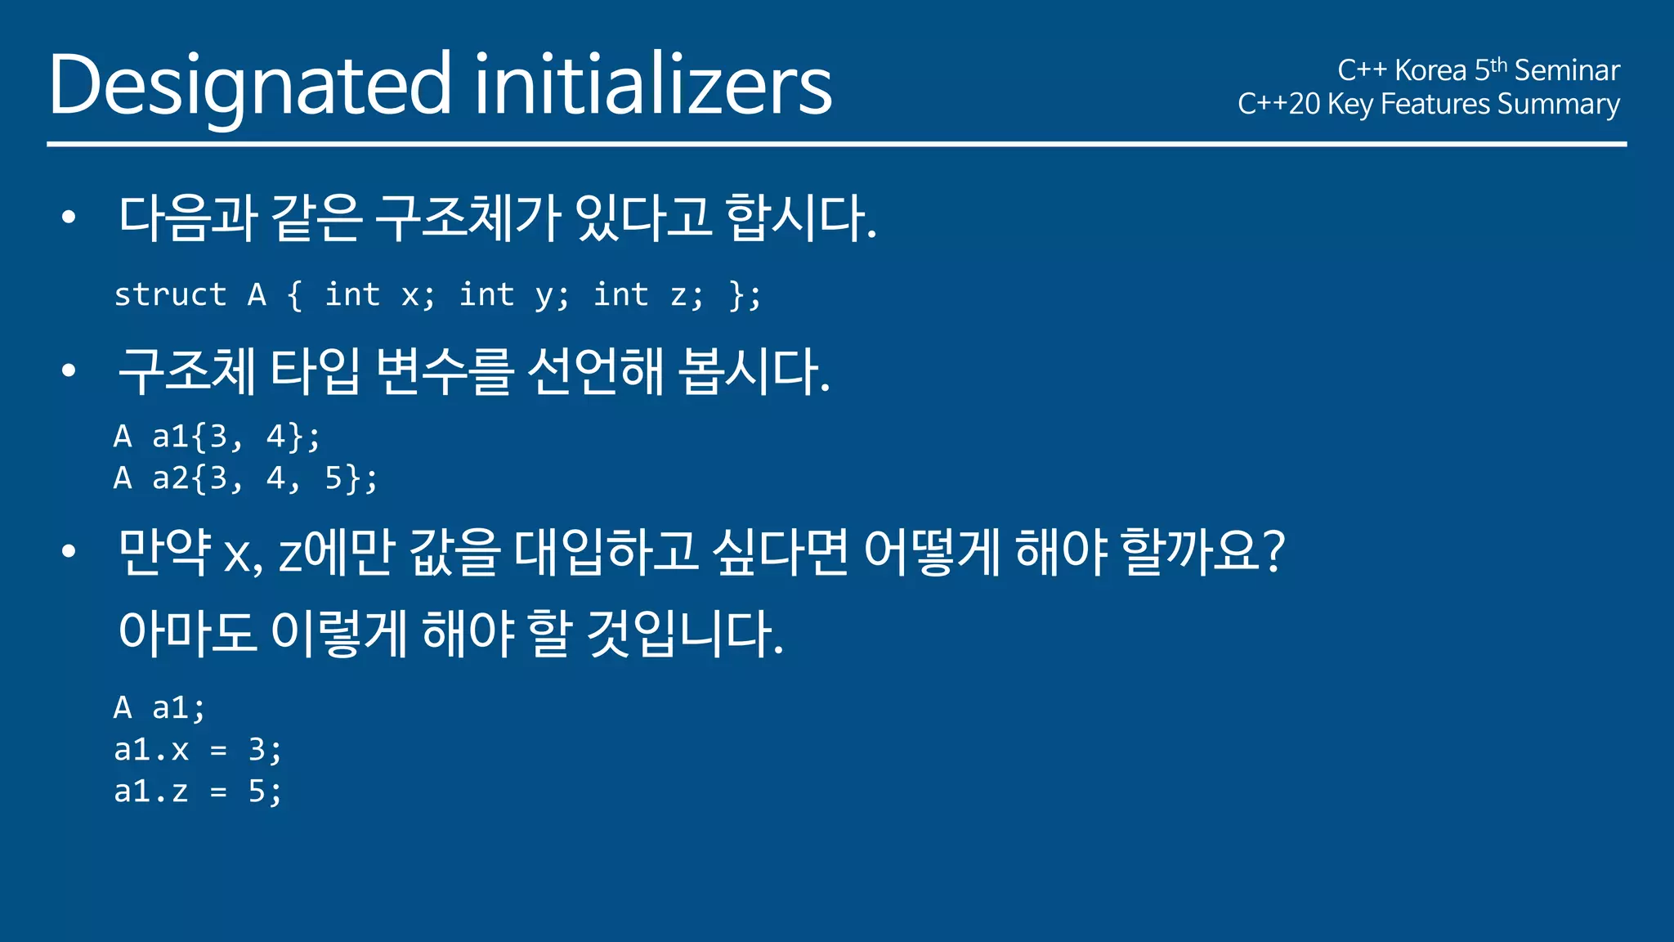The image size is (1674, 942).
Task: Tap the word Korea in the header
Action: pos(1430,70)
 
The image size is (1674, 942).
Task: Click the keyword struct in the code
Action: pos(170,295)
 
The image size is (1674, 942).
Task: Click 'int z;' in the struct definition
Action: pos(647,295)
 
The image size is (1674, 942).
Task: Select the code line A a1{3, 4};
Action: pos(217,437)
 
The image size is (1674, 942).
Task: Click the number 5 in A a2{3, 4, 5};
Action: pos(333,478)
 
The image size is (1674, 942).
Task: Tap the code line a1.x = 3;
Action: pos(198,749)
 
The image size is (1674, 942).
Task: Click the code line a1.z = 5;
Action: pos(198,791)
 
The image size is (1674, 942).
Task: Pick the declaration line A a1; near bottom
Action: pos(159,707)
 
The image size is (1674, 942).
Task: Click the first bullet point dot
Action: pos(69,218)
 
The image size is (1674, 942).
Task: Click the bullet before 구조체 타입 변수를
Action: pos(69,370)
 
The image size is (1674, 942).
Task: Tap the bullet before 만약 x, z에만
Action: pos(69,551)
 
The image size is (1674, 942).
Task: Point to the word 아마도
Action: pos(187,634)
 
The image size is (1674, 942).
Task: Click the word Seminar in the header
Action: pos(1566,70)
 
